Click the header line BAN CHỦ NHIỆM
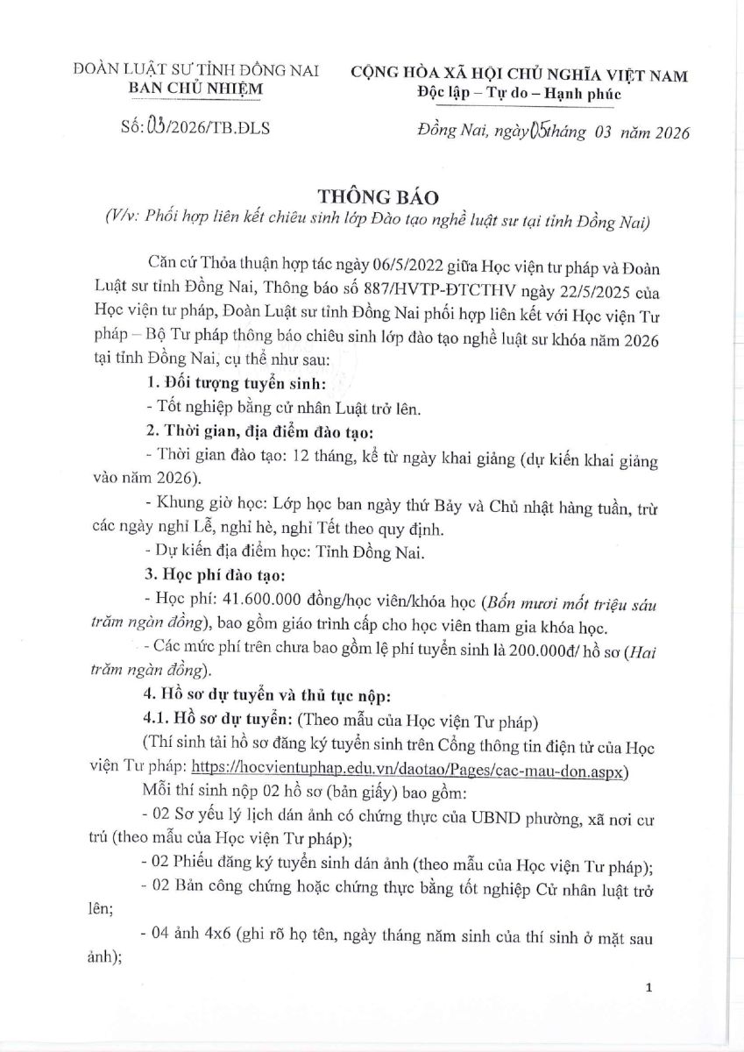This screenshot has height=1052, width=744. click(196, 89)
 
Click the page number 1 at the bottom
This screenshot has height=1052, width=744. click(648, 988)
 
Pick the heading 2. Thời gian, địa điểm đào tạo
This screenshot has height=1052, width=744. click(260, 432)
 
